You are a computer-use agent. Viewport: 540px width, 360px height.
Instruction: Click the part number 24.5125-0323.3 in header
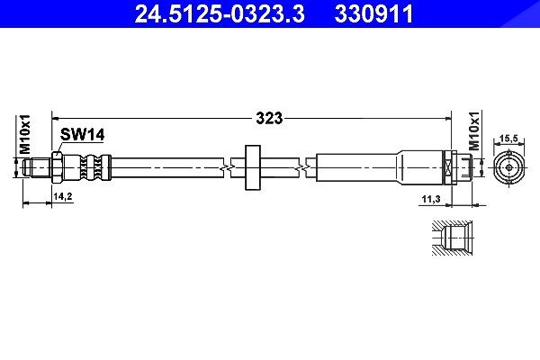tap(220, 13)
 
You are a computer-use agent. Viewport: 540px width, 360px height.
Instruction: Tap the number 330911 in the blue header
tap(373, 13)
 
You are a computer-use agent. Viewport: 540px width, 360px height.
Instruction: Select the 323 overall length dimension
tap(269, 118)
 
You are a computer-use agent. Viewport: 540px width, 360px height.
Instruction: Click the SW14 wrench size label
tap(82, 134)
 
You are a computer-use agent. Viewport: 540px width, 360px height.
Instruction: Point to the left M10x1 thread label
tap(25, 134)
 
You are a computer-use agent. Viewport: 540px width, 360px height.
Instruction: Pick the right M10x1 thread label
tap(475, 130)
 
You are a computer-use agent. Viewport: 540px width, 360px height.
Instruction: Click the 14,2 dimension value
tap(63, 196)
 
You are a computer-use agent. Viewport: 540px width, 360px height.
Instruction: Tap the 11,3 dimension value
tap(431, 199)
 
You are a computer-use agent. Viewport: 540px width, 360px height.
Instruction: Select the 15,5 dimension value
tap(508, 139)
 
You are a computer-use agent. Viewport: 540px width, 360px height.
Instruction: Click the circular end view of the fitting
tap(509, 167)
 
